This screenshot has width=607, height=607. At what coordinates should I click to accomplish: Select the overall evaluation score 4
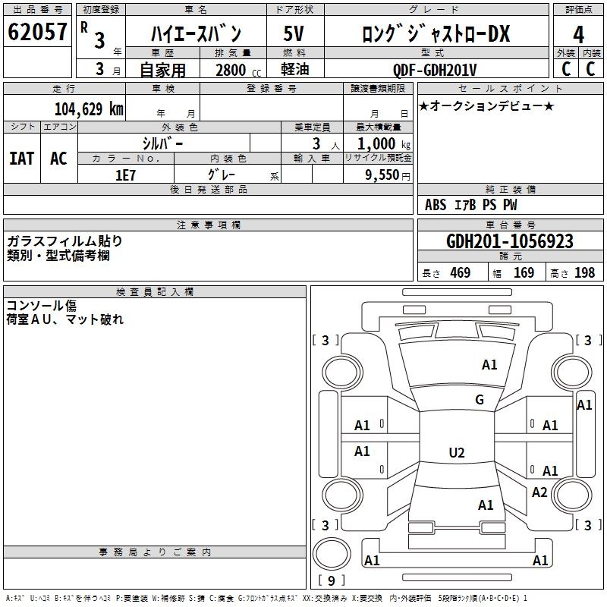tap(578, 35)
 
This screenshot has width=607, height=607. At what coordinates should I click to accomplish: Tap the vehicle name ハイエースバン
tap(195, 34)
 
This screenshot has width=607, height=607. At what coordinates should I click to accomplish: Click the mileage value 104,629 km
tap(89, 109)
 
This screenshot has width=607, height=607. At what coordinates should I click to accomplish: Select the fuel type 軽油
tap(294, 70)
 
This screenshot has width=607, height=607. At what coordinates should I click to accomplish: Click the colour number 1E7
tap(125, 175)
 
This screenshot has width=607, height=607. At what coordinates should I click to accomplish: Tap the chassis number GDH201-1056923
tap(509, 241)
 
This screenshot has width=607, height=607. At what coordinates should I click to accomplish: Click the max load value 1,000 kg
tap(385, 143)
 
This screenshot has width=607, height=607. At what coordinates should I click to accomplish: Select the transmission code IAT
tap(21, 158)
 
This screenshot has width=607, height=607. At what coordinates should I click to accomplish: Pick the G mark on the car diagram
tap(479, 400)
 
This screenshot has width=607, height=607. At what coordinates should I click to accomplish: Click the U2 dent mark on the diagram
tap(456, 453)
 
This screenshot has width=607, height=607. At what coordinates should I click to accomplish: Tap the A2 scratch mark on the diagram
tap(539, 492)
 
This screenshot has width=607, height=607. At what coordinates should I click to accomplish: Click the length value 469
tap(459, 273)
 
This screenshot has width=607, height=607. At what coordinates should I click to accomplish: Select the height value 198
tap(584, 273)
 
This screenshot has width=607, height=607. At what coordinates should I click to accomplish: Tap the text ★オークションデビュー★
tap(486, 106)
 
